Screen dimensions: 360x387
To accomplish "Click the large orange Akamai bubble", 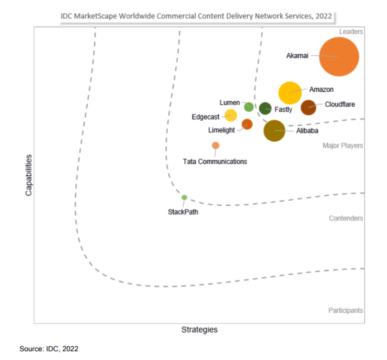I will pyautogui.click(x=339, y=57).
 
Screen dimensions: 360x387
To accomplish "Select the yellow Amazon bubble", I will pyautogui.click(x=290, y=92).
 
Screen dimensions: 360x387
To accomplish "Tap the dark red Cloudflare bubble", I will pyautogui.click(x=308, y=107).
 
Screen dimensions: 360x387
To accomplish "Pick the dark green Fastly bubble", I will pyautogui.click(x=265, y=108).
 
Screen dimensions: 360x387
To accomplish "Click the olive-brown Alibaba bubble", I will pyautogui.click(x=274, y=130).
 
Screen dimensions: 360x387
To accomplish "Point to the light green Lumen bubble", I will pyautogui.click(x=249, y=107).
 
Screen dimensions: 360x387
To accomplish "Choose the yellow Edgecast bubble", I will pyautogui.click(x=231, y=116).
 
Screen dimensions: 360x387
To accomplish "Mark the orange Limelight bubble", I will pyautogui.click(x=247, y=124).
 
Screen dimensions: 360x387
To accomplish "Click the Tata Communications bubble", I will pyautogui.click(x=216, y=145).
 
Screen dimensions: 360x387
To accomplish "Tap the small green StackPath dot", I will pyautogui.click(x=184, y=198).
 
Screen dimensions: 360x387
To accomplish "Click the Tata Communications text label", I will pyautogui.click(x=215, y=162).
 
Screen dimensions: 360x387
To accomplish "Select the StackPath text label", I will pyautogui.click(x=183, y=212).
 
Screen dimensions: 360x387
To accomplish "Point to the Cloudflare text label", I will pyautogui.click(x=340, y=105).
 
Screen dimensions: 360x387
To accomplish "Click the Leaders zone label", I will pyautogui.click(x=351, y=32).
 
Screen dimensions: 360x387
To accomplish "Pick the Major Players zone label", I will pyautogui.click(x=342, y=145).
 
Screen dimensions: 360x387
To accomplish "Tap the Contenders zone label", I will pyautogui.click(x=346, y=218).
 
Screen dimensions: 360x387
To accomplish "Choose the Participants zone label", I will pyautogui.click(x=345, y=310).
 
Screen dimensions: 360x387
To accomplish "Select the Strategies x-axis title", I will pyautogui.click(x=199, y=330).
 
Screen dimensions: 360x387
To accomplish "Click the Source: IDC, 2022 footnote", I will pyautogui.click(x=49, y=349).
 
